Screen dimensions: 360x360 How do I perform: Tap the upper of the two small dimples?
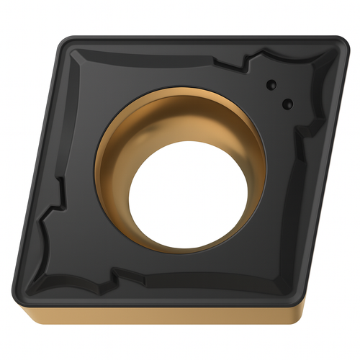(x=271, y=84)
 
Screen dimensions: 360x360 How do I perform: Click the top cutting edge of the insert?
(x=202, y=37)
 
